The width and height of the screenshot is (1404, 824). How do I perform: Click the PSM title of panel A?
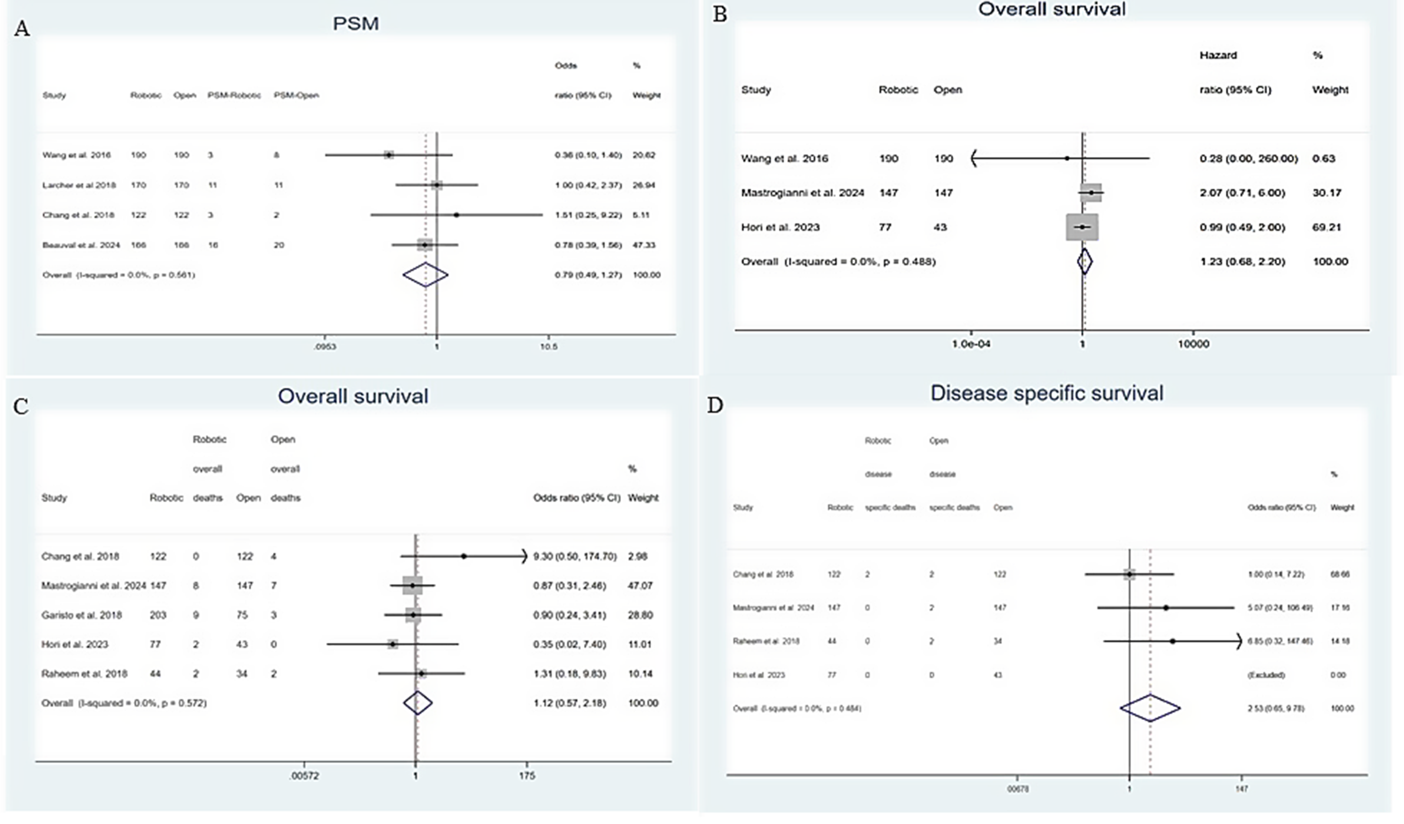(x=356, y=24)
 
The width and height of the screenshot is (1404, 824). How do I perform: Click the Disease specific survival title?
(x=1046, y=393)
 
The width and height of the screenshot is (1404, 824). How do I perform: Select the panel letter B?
(x=720, y=14)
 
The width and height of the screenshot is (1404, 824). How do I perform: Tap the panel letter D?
(x=715, y=405)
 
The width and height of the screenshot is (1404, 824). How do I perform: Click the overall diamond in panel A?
(x=425, y=275)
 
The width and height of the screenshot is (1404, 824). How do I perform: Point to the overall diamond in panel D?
(x=1150, y=708)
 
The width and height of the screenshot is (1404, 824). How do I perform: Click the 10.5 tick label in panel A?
(x=548, y=346)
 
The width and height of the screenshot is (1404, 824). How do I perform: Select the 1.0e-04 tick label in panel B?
(x=971, y=344)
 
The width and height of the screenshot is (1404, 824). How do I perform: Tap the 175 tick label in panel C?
(x=527, y=776)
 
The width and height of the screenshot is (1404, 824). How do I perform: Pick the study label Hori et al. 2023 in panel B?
(x=780, y=227)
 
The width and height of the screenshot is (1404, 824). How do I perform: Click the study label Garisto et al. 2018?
(x=81, y=615)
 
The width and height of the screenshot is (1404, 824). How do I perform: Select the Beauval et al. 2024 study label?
(x=81, y=245)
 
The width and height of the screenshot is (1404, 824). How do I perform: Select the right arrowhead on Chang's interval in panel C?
(x=524, y=556)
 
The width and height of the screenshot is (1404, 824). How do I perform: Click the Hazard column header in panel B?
(x=1218, y=55)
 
